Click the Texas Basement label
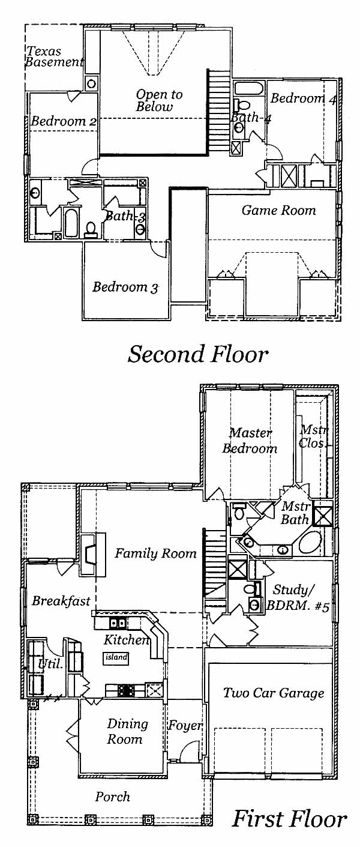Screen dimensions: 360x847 (55, 56)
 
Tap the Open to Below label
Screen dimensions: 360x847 (159, 100)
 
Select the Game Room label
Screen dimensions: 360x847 (278, 210)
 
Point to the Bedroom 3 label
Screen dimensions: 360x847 (125, 287)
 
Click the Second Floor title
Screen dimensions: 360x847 (198, 354)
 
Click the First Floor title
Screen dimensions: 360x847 (289, 819)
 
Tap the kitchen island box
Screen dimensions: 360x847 (116, 658)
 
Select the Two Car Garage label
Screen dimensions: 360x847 (274, 693)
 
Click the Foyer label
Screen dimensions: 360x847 (185, 725)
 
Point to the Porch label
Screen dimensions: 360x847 (112, 797)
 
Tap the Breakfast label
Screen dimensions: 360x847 (61, 600)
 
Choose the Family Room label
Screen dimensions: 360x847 (155, 553)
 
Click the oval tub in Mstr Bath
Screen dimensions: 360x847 (311, 543)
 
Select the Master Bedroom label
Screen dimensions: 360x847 (250, 440)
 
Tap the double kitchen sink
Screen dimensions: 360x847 (118, 622)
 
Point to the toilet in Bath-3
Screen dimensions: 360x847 (91, 229)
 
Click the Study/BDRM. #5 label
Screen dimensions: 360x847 (298, 597)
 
